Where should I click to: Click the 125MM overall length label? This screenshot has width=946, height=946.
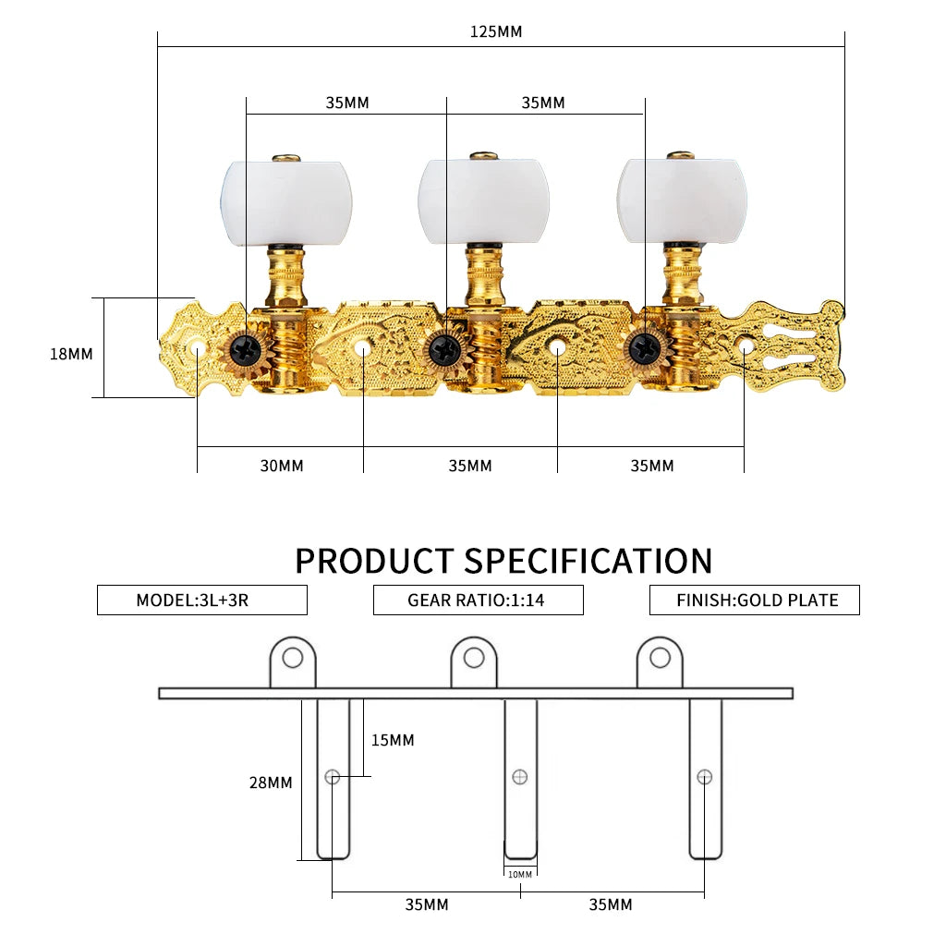click(496, 31)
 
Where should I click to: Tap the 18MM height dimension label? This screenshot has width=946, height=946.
click(71, 353)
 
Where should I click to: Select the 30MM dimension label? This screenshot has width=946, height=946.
click(281, 466)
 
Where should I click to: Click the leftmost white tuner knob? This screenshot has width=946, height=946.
click(286, 200)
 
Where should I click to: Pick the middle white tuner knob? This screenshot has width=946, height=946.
click(483, 200)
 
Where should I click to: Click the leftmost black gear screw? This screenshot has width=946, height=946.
click(247, 348)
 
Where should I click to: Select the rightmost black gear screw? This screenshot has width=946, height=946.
click(644, 347)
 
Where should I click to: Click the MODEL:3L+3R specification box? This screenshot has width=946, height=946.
click(201, 600)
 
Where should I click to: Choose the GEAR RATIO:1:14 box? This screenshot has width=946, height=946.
click(478, 600)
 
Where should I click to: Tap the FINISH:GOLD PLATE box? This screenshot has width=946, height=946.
click(755, 600)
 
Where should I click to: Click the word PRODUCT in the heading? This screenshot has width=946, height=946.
click(374, 561)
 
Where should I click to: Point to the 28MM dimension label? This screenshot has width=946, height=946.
click(271, 782)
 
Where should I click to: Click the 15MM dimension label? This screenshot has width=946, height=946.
click(393, 740)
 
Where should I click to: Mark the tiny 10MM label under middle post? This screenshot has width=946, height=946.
click(520, 874)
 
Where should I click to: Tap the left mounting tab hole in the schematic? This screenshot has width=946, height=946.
click(293, 658)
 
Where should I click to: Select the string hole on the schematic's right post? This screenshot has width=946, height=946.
click(705, 776)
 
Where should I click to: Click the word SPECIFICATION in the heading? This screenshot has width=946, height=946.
click(588, 561)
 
